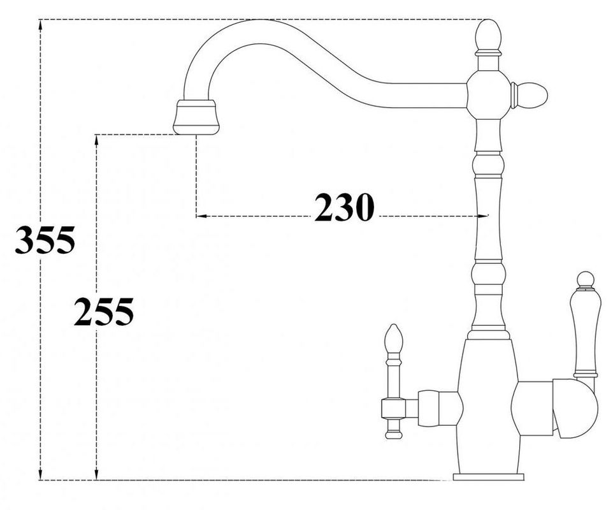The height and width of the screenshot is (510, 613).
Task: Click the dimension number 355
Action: [45, 240]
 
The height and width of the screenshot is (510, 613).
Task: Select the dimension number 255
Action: [104, 312]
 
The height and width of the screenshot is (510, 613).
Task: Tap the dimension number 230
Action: [344, 207]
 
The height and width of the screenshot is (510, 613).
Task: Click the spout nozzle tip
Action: [196, 117]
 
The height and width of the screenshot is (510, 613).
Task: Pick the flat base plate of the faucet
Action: [488, 477]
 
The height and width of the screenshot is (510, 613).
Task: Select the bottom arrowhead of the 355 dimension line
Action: [40, 474]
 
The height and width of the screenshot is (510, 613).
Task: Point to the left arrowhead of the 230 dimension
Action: [201, 215]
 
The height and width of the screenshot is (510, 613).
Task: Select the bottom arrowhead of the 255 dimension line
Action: [96, 474]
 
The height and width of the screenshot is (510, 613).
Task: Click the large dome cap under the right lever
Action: [575, 408]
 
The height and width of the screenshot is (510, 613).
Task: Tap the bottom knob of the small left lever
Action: [393, 433]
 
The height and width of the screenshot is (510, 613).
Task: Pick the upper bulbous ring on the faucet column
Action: [487, 165]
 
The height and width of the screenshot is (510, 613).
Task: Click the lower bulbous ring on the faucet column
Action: [487, 273]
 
